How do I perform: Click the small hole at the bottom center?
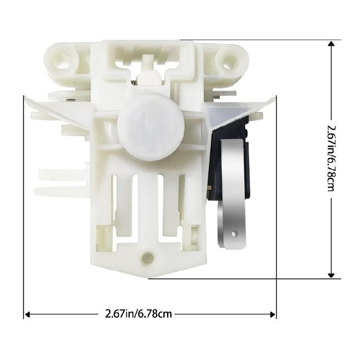pos(148,259)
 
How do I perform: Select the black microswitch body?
pos(228,158)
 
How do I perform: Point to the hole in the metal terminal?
pos(234,234)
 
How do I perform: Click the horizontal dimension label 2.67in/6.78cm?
pos(138,313)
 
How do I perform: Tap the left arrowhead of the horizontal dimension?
pos(27,314)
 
